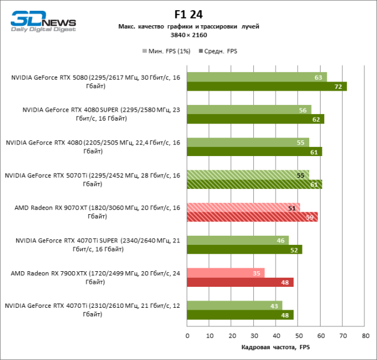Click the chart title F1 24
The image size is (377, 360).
(x=188, y=13)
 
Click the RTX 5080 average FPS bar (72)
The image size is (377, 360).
(x=267, y=86)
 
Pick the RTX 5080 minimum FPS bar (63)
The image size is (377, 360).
(x=257, y=77)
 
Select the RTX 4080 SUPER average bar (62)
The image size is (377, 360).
(x=255, y=119)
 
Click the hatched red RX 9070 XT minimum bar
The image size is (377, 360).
(x=243, y=208)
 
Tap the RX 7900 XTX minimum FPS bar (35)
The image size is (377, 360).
(x=225, y=273)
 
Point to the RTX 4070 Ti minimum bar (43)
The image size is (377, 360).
(x=234, y=305)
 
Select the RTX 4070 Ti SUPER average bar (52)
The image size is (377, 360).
(x=244, y=250)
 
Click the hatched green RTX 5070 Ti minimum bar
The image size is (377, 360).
(x=248, y=175)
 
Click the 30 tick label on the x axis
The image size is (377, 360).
(x=253, y=335)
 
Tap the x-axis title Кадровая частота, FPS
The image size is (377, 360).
(x=276, y=347)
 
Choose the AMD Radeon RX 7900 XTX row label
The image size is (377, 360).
(x=95, y=277)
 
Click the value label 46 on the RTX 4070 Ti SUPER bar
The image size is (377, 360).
(x=280, y=241)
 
